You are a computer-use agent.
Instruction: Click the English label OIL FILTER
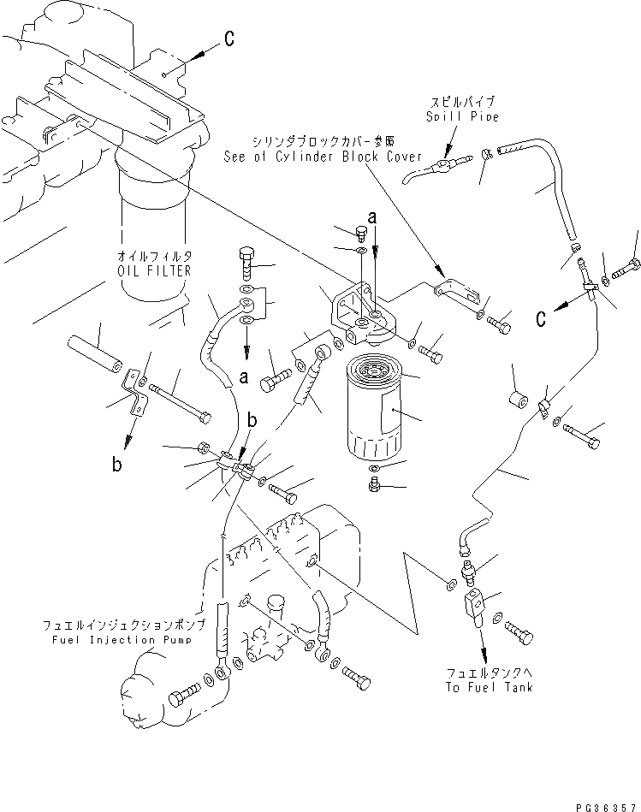pyautogui.click(x=154, y=246)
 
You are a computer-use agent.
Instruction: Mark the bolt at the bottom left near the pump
pyautogui.click(x=183, y=696)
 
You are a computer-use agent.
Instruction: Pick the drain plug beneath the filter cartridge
pyautogui.click(x=374, y=486)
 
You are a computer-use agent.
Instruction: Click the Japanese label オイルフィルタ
pyautogui.click(x=154, y=232)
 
